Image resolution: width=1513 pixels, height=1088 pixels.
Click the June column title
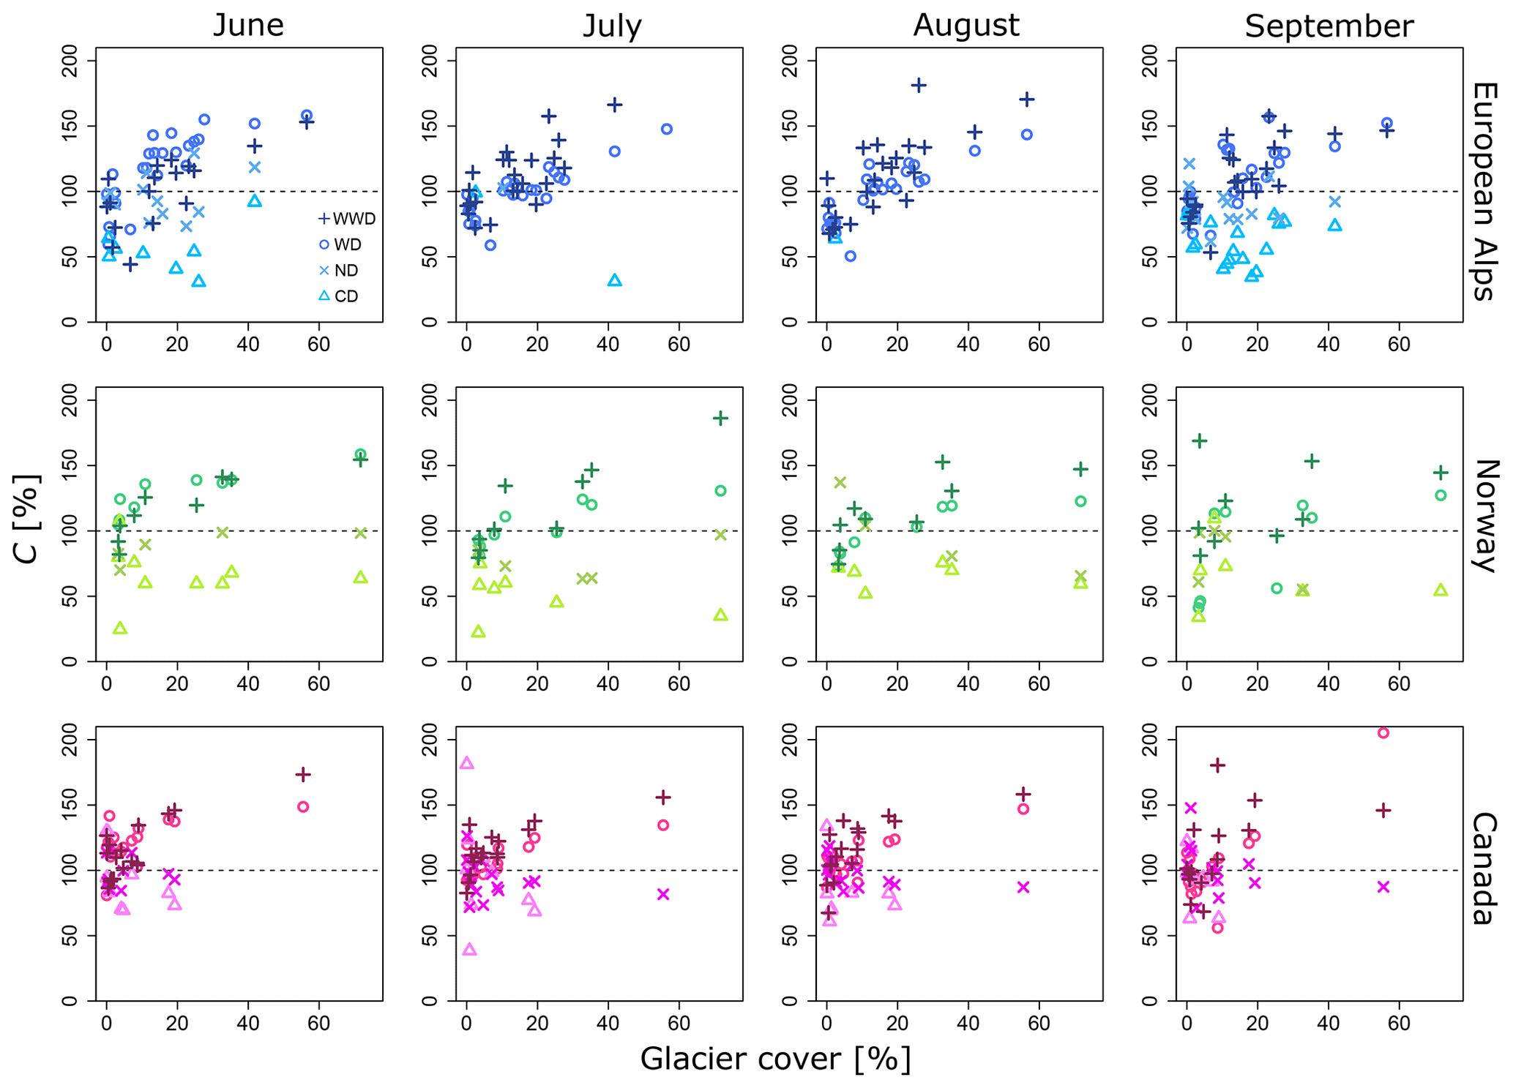(248, 26)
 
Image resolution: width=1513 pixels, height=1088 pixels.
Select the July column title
(612, 26)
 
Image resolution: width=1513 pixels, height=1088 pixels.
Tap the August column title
(965, 26)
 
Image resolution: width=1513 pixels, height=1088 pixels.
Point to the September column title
(1329, 27)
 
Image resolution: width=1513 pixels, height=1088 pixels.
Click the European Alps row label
(1483, 191)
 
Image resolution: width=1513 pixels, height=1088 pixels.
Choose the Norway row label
(1483, 515)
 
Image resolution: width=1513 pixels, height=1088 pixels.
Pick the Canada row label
(1483, 868)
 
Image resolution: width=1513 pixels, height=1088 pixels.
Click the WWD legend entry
(347, 219)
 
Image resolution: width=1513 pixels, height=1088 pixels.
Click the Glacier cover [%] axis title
(775, 1059)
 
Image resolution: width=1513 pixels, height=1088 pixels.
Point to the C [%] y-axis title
(27, 519)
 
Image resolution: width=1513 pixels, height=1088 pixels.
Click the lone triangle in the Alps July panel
(615, 280)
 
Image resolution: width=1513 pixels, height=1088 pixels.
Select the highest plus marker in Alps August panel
(919, 86)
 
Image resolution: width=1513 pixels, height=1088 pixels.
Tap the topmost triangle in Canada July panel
(467, 763)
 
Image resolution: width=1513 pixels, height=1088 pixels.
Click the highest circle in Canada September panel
(1383, 733)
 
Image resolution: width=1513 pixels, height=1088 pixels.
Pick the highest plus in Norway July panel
(721, 418)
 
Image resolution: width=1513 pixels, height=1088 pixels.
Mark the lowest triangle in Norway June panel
(120, 628)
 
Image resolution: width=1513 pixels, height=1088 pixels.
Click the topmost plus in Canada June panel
(303, 774)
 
